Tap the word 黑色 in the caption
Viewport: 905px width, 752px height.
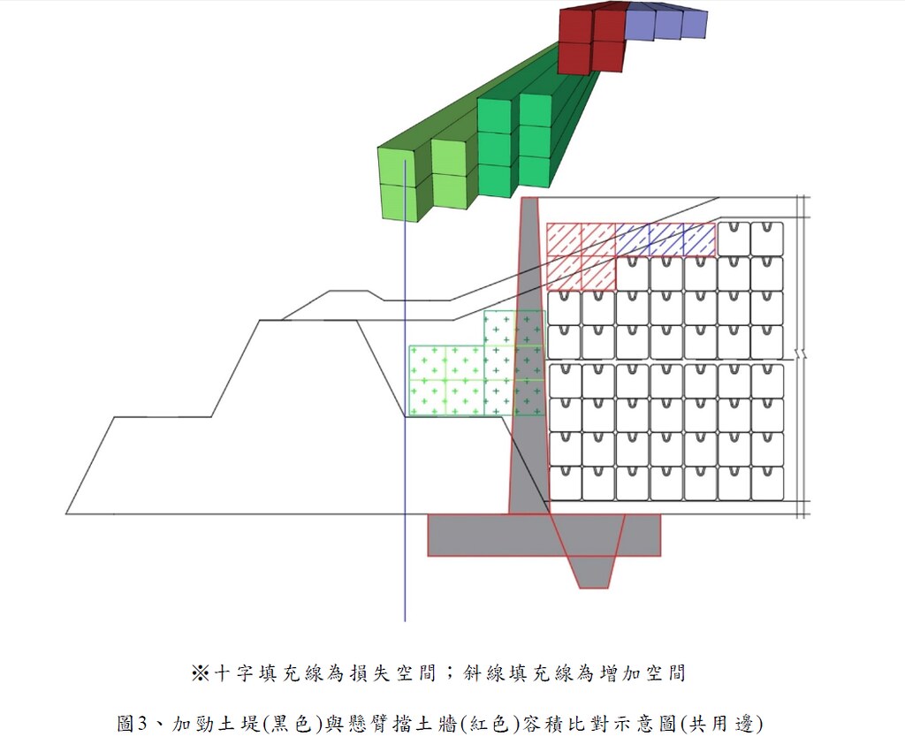pos(293,723)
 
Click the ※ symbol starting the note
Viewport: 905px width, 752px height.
pos(200,673)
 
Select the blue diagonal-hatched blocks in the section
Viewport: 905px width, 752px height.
pos(665,239)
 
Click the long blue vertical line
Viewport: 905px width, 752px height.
pos(405,391)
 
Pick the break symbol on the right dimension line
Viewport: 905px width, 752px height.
pos(801,353)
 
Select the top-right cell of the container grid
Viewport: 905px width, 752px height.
pos(767,239)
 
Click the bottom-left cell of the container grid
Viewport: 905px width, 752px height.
pos(565,483)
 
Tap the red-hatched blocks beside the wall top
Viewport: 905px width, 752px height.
pos(582,256)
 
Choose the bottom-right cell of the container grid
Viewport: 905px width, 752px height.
pos(767,483)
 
